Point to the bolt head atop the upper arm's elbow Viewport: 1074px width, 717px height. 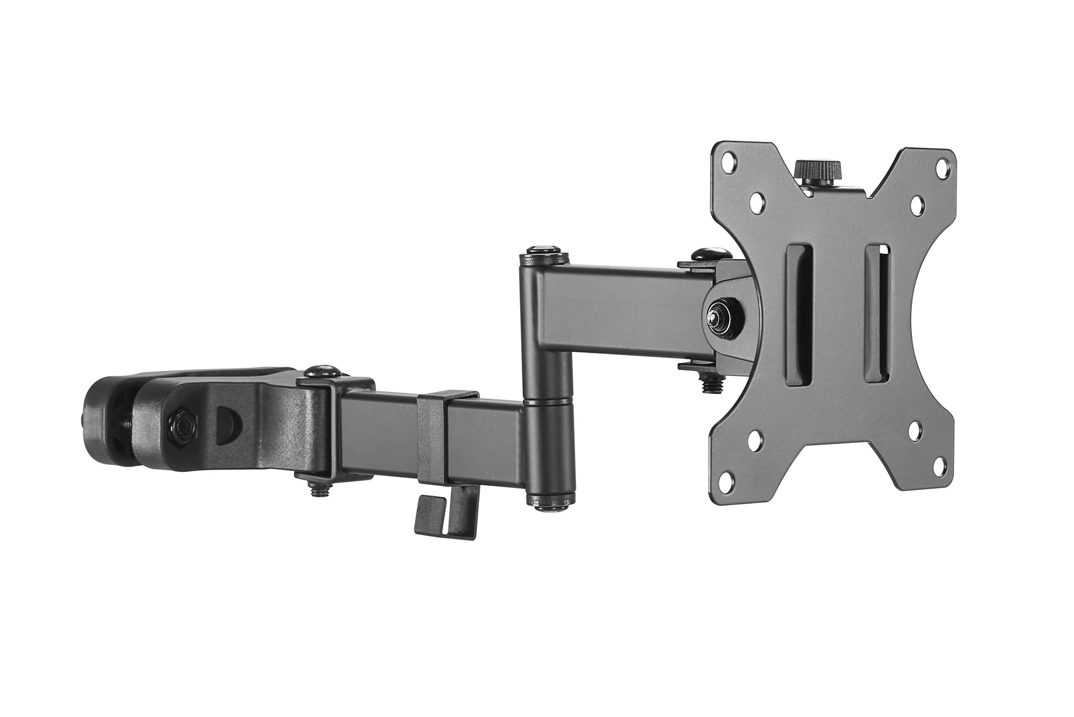pos(544,253)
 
